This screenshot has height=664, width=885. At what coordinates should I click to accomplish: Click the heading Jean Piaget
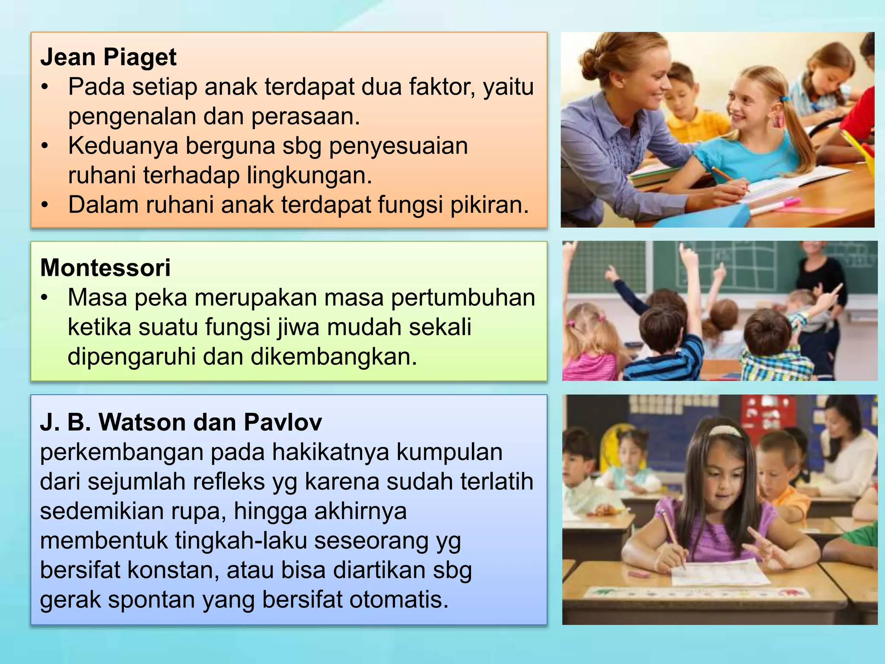[108, 57]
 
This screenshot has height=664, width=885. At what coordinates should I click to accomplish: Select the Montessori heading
[105, 268]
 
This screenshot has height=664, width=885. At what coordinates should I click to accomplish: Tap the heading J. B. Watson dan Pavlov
[181, 422]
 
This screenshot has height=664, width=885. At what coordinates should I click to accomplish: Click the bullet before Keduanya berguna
[45, 146]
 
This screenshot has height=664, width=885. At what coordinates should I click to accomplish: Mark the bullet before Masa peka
[44, 298]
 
